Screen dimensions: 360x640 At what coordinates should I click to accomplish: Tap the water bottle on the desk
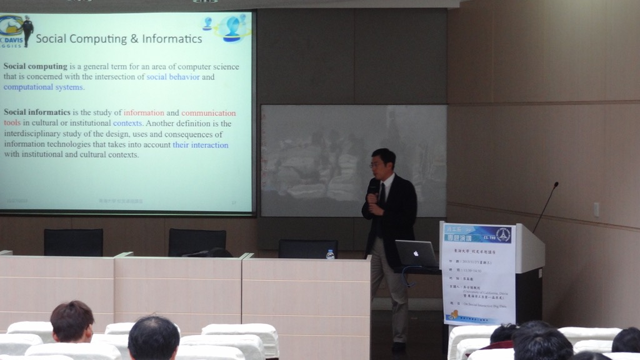point(330,254)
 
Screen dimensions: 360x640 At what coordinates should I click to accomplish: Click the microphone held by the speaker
point(372,187)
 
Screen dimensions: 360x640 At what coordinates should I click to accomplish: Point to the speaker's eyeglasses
point(377,164)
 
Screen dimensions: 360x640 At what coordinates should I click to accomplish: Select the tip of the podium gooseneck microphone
point(555,184)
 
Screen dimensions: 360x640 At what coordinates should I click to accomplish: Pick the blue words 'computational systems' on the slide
point(43,87)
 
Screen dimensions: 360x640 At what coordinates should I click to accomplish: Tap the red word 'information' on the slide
point(144,113)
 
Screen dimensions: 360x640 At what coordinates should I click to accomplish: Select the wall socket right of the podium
point(596,209)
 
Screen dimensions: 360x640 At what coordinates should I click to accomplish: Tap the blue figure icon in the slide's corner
point(232,29)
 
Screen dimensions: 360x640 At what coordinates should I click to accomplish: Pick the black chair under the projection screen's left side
point(73,242)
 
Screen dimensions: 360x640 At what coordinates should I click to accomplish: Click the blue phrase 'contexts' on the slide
point(127,124)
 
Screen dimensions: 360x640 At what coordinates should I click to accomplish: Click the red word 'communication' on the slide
point(208,113)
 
